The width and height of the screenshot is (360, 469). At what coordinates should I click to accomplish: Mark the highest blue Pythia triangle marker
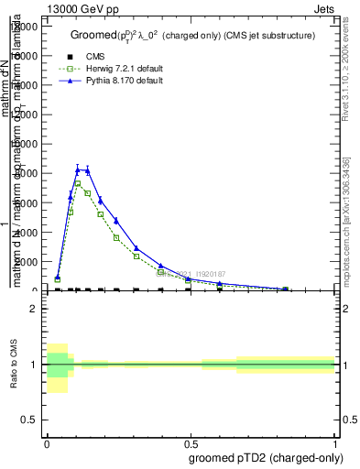click(x=78, y=169)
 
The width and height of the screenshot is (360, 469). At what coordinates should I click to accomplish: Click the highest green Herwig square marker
click(x=78, y=183)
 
